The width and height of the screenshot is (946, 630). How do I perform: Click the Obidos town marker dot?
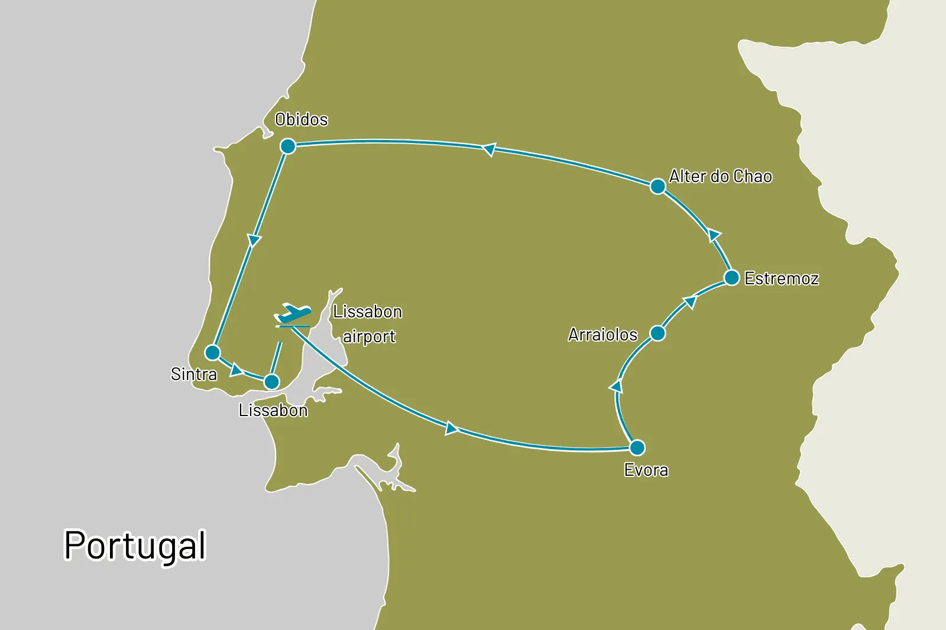coord(288,146)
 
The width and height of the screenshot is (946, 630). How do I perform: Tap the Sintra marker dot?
coord(212,353)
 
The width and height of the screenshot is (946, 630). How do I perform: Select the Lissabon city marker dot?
coord(271,382)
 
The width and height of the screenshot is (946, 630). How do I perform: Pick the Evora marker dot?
coord(637,447)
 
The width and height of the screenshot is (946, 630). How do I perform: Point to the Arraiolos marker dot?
coord(657,333)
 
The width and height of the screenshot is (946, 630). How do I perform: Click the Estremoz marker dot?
coord(731,278)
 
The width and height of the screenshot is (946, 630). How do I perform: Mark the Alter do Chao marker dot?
coord(657,186)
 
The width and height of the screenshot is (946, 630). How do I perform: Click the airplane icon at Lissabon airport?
coord(293,315)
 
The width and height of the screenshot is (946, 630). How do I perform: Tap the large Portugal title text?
coord(135,545)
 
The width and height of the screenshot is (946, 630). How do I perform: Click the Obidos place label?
coord(302,119)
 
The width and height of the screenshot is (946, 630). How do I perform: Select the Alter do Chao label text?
coord(720,176)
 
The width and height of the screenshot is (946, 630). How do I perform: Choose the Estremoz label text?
coord(782,278)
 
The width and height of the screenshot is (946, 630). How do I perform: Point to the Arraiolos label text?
coord(602,335)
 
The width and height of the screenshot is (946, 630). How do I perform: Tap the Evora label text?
coord(646,470)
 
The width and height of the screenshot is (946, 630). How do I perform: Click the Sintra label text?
coord(193,374)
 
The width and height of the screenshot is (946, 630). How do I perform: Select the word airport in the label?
coord(369,336)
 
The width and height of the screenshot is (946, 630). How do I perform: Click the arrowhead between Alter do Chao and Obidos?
coord(489,150)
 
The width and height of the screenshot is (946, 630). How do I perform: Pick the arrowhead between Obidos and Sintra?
coord(254,240)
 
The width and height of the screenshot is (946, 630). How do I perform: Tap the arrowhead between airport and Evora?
coord(452,428)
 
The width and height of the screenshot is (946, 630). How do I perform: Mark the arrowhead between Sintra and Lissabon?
coord(236,370)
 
